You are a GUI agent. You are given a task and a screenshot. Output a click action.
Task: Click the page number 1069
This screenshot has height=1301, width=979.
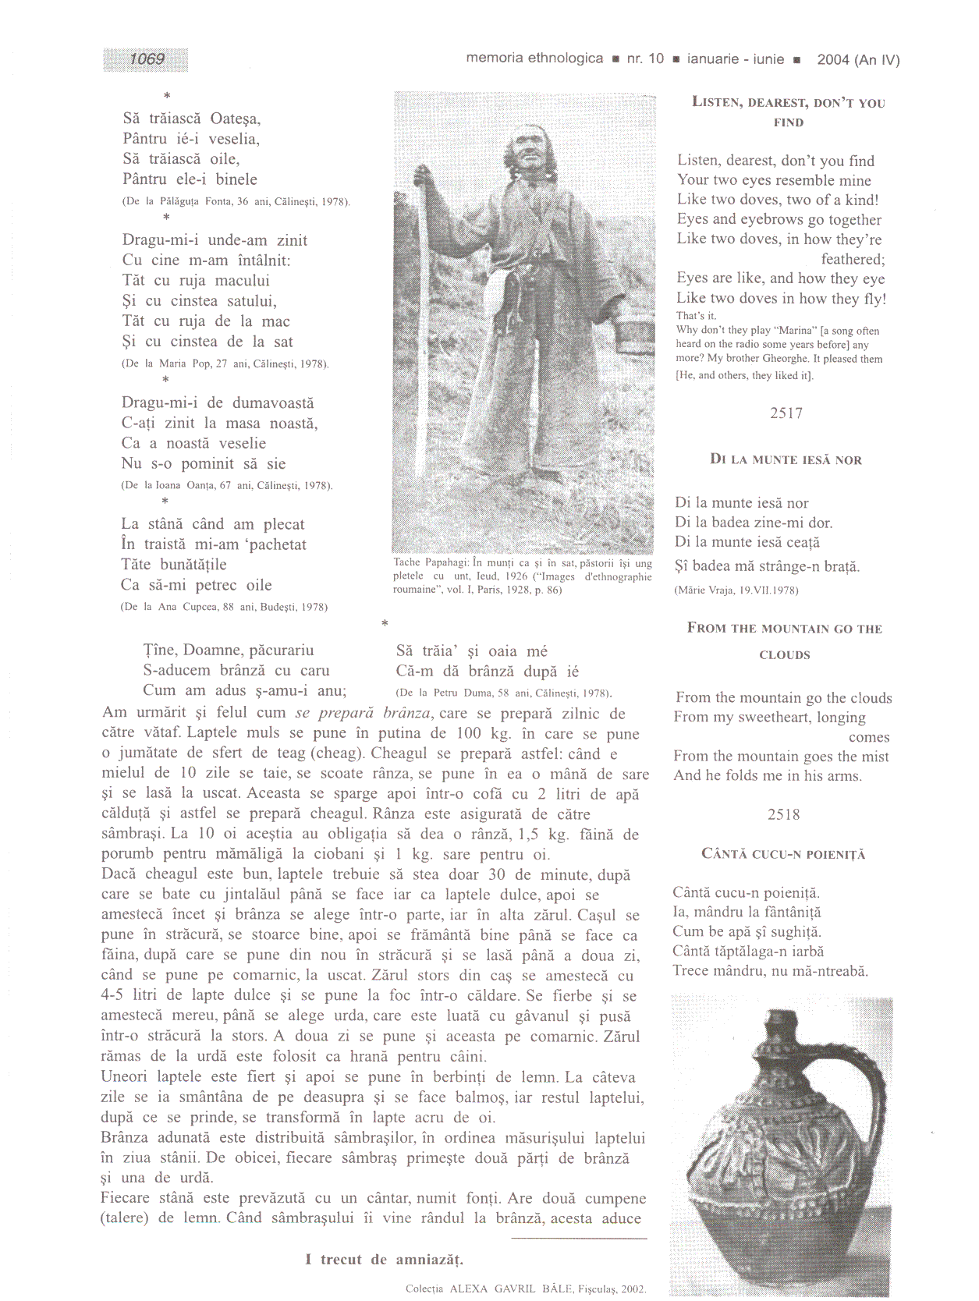[x=147, y=59]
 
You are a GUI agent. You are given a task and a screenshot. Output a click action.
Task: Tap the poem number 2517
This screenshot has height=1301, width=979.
[x=786, y=413]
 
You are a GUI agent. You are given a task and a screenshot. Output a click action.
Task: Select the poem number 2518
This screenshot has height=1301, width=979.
[x=783, y=815]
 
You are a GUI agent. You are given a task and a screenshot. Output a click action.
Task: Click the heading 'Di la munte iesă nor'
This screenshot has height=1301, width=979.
[x=786, y=459]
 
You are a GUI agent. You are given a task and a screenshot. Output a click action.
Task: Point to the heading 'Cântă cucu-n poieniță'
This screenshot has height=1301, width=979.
[x=783, y=854]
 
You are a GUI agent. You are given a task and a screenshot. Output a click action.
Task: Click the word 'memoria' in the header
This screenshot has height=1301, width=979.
[x=495, y=58]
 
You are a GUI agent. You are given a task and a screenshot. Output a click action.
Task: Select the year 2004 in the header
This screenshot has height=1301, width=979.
[x=832, y=60]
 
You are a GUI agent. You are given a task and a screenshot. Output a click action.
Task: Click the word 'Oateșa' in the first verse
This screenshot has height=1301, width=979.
[x=236, y=119]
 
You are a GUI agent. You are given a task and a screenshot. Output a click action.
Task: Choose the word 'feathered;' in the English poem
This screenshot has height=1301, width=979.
[x=853, y=259]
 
